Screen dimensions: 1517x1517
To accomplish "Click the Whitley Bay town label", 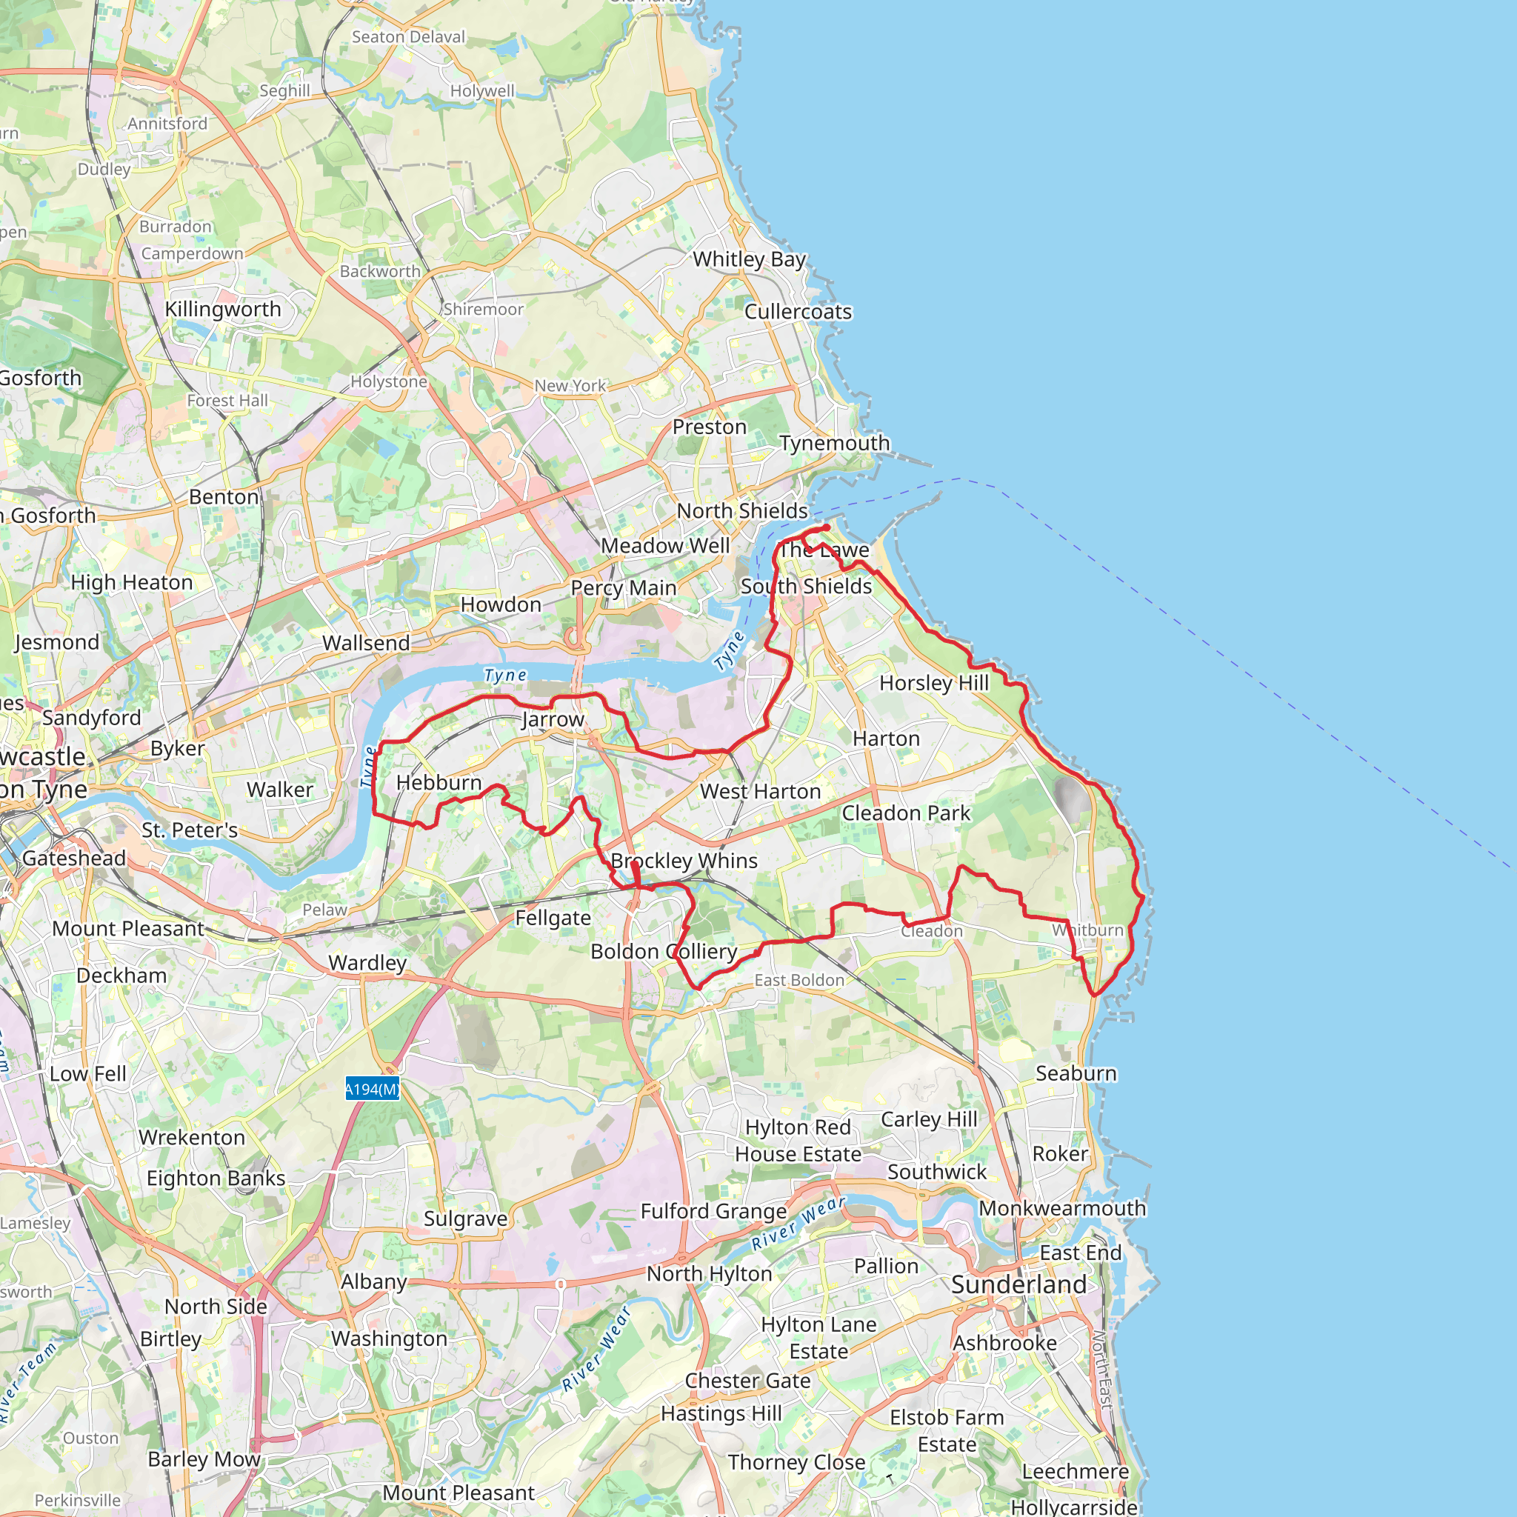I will pos(749,259).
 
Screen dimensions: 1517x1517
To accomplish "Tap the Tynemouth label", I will pos(835,443).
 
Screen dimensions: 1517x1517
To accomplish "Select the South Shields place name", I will pos(807,587).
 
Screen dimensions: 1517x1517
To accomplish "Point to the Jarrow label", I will pos(553,719).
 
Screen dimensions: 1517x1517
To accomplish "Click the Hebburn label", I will pos(439,783).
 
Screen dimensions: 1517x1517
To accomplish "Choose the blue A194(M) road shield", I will pos(372,1089).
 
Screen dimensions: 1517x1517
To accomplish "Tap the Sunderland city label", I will pos(1018,1284).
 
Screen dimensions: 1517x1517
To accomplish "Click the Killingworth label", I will pos(223,310).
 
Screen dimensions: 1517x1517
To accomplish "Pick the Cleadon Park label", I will pos(906,813).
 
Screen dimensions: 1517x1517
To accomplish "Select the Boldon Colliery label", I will pos(664,952).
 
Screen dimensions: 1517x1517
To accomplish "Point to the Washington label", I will pos(390,1338).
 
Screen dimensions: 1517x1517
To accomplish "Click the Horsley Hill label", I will pos(933,683).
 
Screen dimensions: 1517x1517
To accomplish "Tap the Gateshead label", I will pos(74,858).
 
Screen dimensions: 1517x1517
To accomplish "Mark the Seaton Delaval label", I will pos(408,37).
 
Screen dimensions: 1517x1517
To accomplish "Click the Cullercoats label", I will pos(798,312).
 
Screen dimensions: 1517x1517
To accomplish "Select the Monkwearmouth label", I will pos(1061,1208).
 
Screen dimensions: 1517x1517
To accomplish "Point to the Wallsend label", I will pos(366,643).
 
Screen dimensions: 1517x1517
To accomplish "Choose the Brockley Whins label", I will pos(684,861).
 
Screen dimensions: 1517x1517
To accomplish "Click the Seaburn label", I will pos(1076,1073).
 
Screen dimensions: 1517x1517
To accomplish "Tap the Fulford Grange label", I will pos(714,1212).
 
